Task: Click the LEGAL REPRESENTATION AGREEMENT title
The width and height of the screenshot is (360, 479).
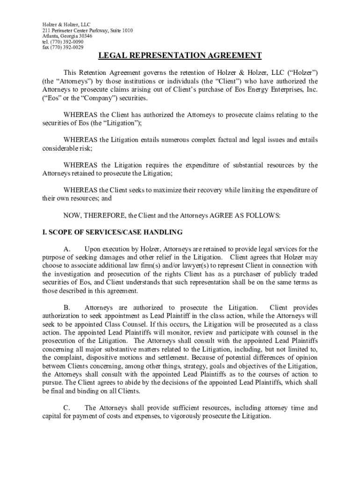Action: coord(180,56)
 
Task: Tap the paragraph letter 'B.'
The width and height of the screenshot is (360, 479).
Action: coord(67,308)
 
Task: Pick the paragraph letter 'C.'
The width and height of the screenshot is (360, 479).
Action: coord(67,408)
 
